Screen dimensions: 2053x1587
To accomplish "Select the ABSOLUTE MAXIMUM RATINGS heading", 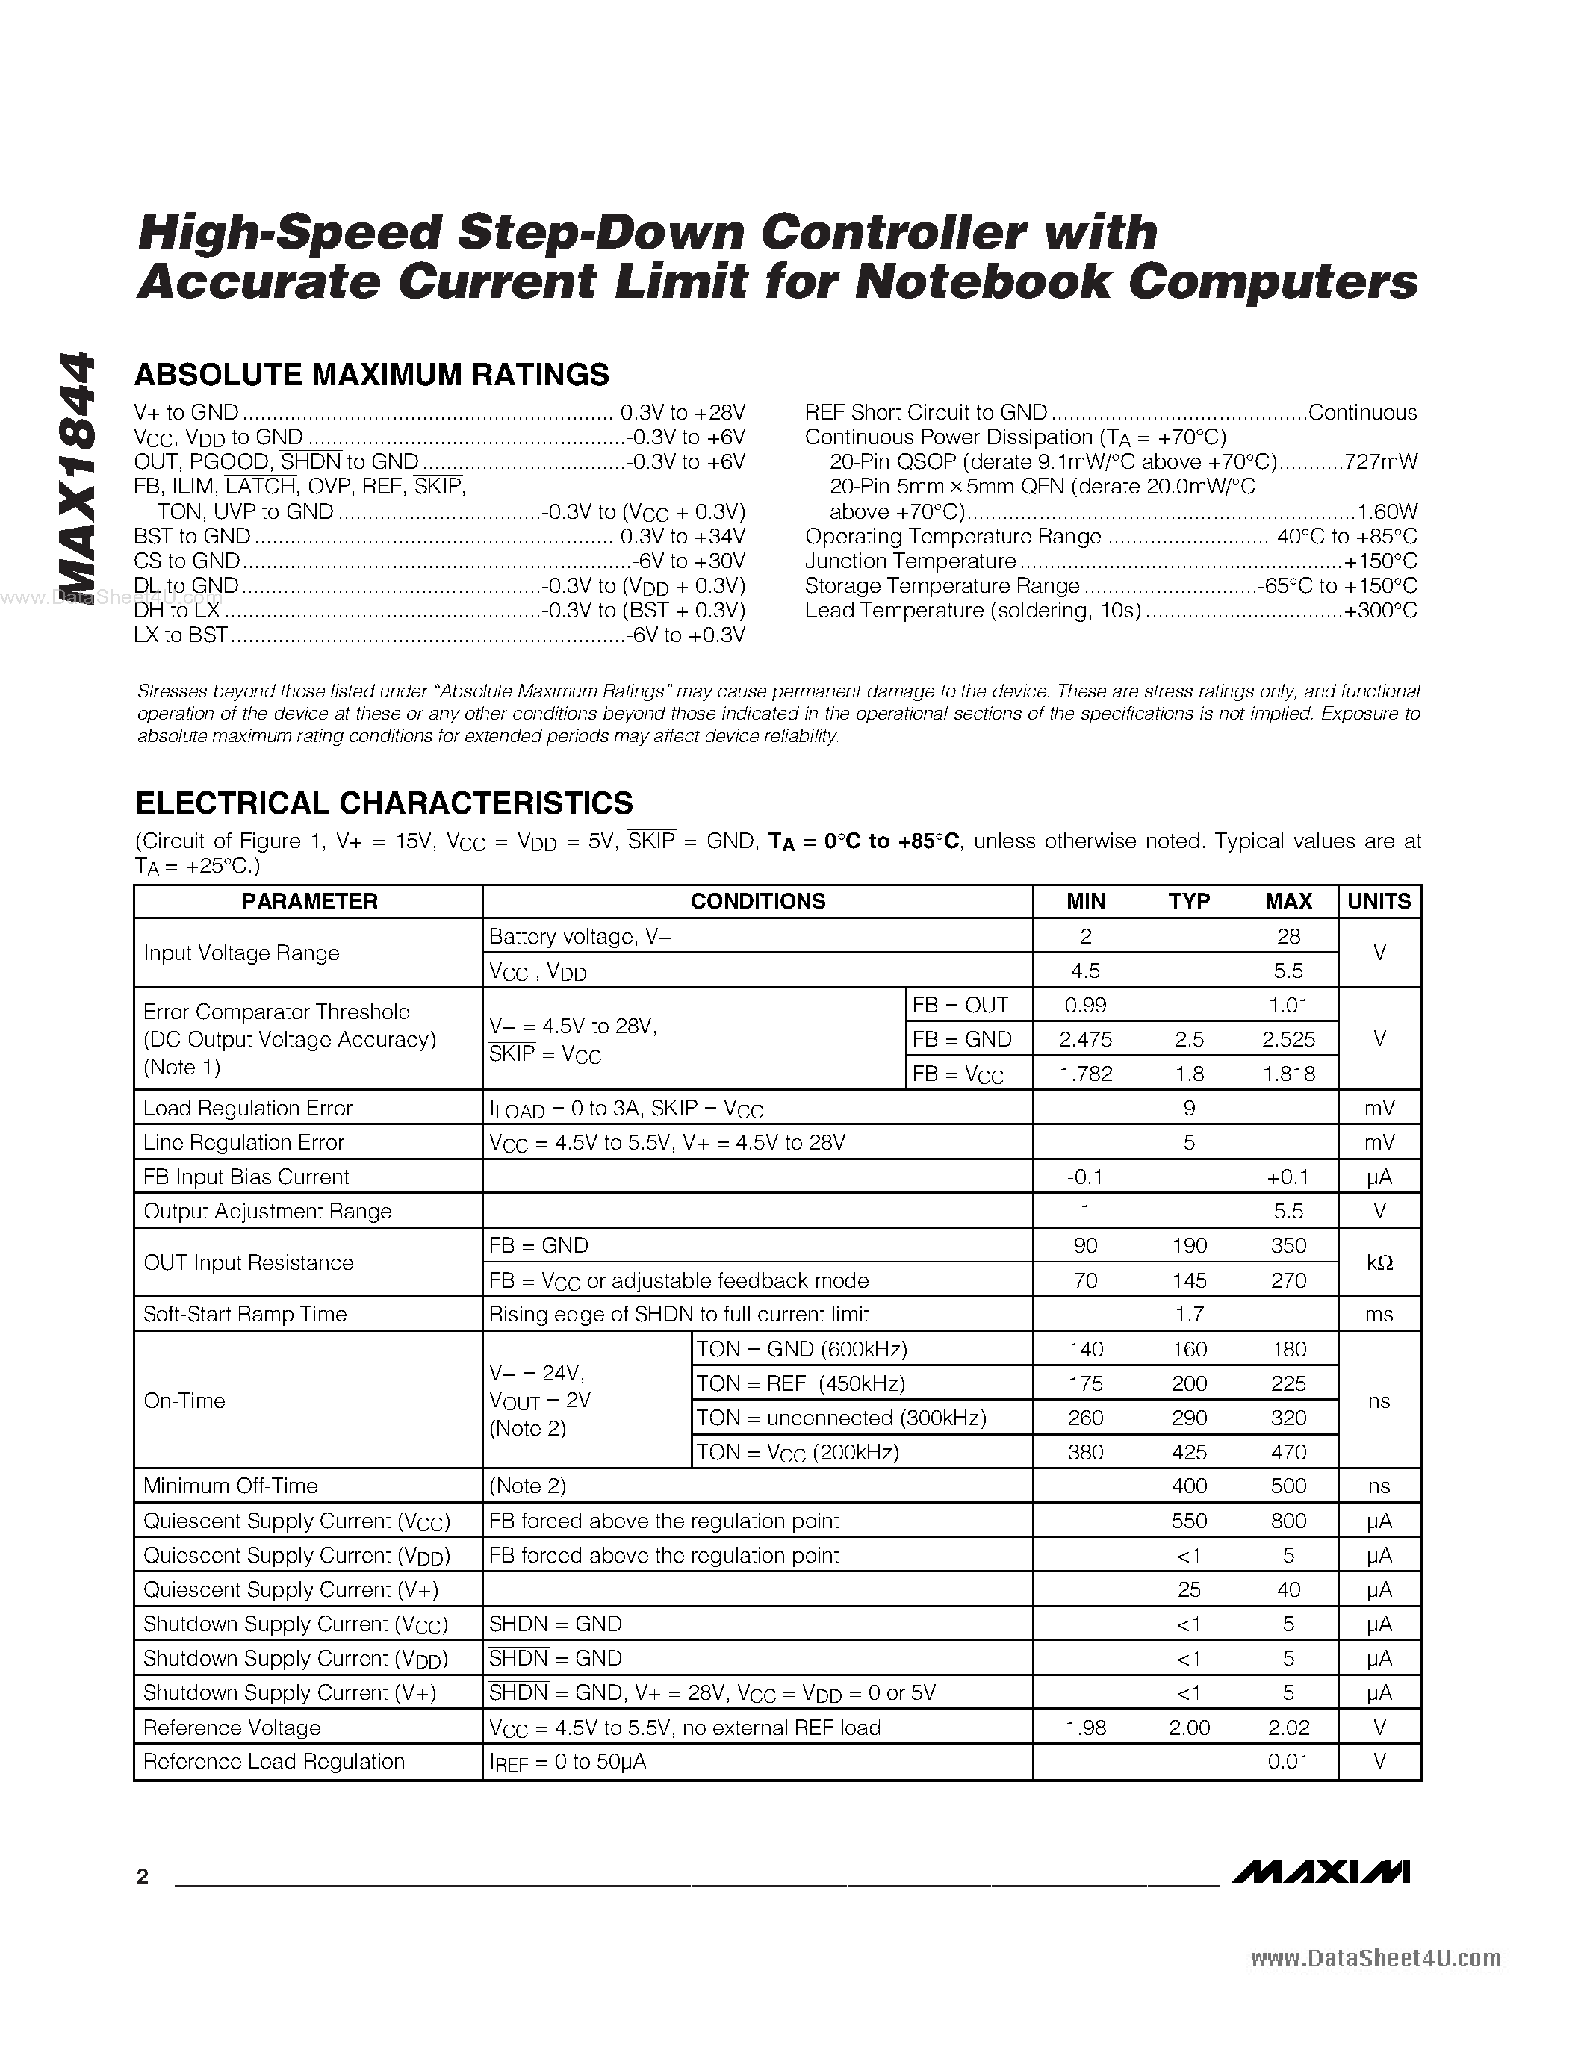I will (371, 375).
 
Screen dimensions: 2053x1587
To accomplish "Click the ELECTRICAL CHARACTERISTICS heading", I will (384, 803).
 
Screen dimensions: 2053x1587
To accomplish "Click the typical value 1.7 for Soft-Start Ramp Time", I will (1188, 1314).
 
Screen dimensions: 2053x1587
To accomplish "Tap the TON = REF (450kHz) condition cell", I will (800, 1383).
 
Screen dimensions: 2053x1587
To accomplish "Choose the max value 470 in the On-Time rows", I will (1288, 1452).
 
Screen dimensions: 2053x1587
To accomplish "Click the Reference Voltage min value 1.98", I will (1085, 1728).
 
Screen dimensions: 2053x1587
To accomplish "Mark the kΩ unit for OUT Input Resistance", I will (1379, 1262).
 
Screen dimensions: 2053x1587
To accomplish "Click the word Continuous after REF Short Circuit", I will (1362, 413).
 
